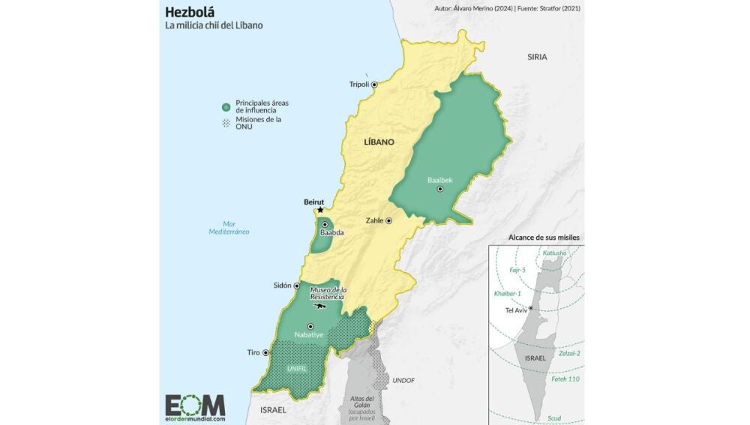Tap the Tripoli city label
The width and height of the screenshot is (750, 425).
[359, 85]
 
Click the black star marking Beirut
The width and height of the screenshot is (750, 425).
[321, 211]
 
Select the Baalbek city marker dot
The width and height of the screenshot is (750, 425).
[440, 190]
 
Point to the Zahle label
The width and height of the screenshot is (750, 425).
[374, 221]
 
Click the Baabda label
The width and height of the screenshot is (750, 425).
[331, 233]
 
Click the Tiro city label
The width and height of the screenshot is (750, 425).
[253, 352]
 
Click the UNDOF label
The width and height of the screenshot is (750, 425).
[403, 380]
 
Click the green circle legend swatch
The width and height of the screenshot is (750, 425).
[226, 106]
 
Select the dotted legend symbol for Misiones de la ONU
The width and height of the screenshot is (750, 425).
[226, 123]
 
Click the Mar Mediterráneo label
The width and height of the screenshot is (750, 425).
[229, 228]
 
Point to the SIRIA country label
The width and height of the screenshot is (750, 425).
[537, 57]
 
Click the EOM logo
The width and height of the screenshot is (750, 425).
[195, 406]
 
